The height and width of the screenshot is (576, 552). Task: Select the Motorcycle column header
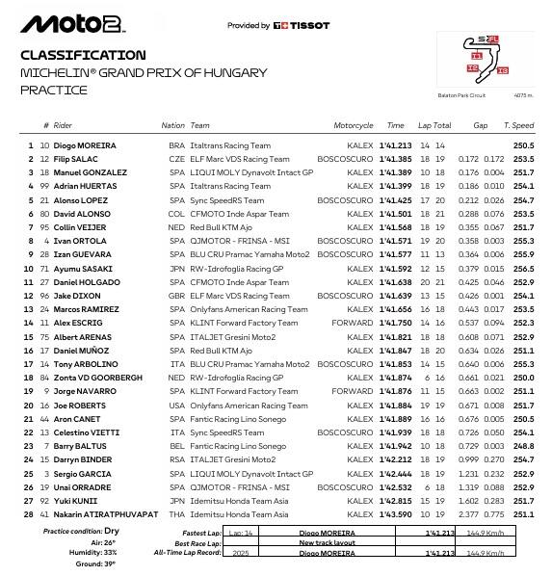353,126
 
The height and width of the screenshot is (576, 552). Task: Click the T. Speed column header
518,126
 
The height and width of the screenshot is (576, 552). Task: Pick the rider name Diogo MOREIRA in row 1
86,145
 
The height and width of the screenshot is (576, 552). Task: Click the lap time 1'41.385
395,158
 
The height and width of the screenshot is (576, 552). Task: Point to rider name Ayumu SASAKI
82,269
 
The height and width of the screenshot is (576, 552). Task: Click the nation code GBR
173,296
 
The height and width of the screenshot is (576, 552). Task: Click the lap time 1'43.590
395,515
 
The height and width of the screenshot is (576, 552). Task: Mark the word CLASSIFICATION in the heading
83,56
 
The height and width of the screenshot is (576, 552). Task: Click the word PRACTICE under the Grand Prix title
54,91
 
